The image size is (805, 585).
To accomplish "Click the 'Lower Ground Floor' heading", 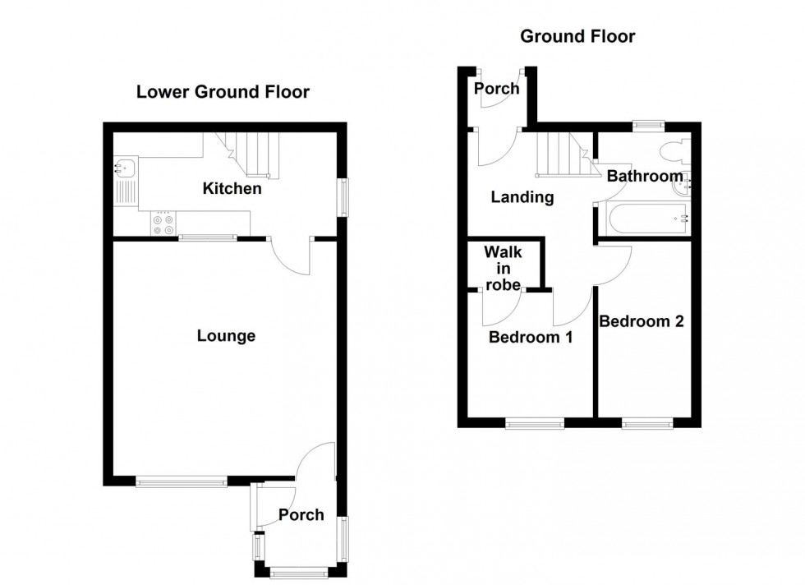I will point(223,92).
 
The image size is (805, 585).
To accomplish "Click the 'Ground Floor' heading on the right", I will point(577,36).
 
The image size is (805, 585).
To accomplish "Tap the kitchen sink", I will point(126,168).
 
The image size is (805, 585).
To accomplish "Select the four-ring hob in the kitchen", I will point(162,224).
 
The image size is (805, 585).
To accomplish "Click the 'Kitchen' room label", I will point(232,189).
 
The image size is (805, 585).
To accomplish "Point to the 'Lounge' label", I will point(227,336).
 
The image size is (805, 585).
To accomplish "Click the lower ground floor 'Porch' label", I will point(301,515).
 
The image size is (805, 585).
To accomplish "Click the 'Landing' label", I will point(522,197).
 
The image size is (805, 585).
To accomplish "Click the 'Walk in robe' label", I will point(502,268).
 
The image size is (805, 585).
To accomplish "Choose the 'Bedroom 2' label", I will point(641,321).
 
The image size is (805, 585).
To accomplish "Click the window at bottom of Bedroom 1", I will point(535,424).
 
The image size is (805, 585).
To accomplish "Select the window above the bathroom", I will point(649,125).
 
